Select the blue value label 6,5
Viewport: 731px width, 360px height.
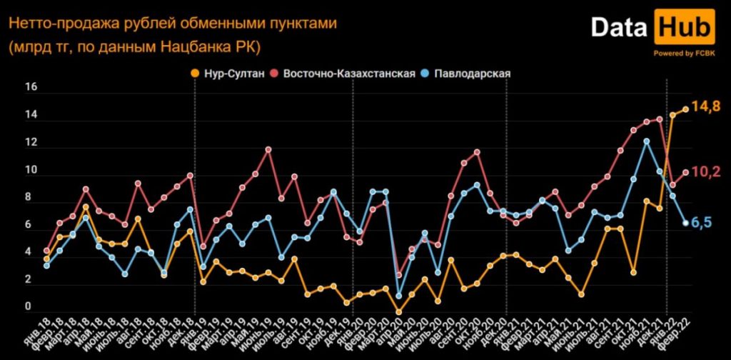(x=703, y=223)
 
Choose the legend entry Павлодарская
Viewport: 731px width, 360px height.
(x=470, y=74)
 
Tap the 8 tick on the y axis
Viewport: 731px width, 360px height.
(x=29, y=198)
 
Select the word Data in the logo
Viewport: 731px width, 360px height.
(x=617, y=28)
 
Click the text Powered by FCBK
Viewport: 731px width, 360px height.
(x=684, y=54)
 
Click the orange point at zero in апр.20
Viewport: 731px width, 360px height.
(x=399, y=312)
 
